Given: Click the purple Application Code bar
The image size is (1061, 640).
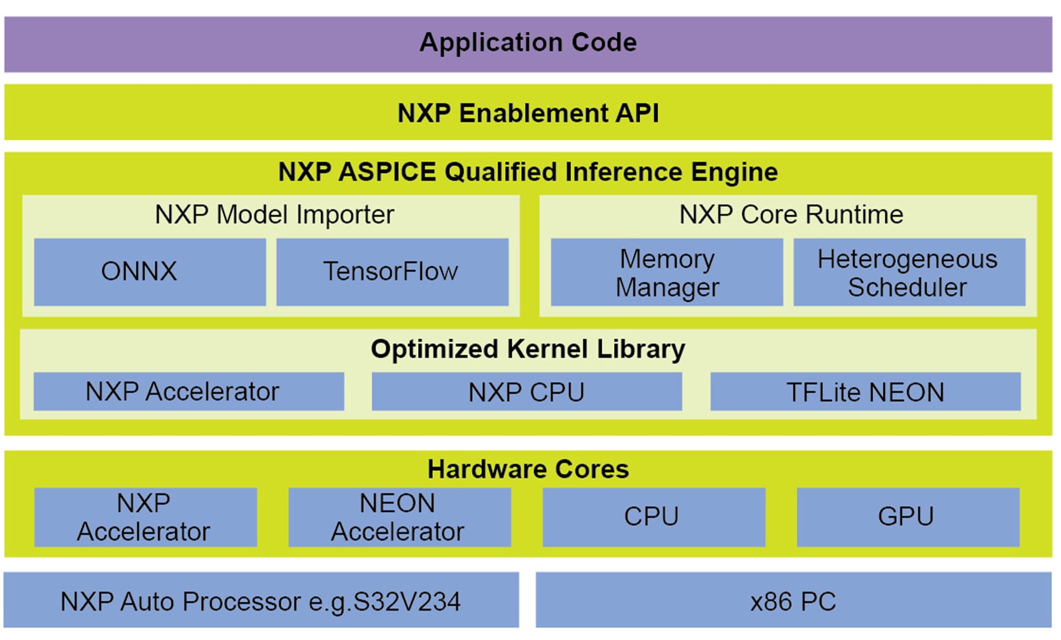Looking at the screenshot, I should point(528,44).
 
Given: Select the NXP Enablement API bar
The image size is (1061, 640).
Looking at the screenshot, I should point(528,113).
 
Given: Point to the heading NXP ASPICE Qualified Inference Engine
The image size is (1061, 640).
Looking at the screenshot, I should point(528,172).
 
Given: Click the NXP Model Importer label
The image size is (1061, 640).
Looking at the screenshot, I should point(274,215).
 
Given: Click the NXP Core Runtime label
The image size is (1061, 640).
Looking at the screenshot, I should point(790,215).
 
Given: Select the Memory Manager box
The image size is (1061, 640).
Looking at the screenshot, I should point(666,273).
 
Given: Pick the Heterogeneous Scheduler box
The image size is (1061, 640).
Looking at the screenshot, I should point(908,273).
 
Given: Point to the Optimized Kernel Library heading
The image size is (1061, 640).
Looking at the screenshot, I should point(528,349).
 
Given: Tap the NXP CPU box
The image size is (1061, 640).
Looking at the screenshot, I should point(526,392).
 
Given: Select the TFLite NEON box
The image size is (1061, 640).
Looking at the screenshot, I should point(865,392).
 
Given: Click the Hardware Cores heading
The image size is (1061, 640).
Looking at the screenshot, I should point(528,469).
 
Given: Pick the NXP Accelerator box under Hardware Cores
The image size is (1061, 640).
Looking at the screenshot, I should point(145,517).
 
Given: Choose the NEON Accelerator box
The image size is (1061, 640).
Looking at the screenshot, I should point(399,517).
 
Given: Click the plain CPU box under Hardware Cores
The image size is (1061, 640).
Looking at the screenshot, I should point(653,517).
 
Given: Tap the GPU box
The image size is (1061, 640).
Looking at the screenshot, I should point(907,517).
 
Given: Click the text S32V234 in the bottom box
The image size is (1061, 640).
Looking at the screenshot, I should point(407,602).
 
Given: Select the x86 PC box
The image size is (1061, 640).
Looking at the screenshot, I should point(793,601).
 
